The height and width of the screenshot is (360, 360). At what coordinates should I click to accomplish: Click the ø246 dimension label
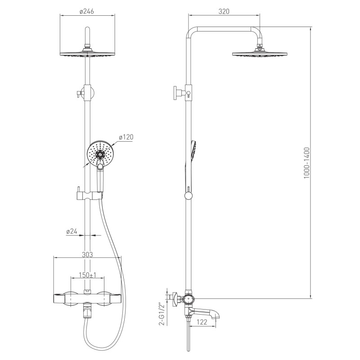point(87,11)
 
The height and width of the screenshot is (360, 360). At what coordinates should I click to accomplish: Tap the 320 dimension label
point(224,11)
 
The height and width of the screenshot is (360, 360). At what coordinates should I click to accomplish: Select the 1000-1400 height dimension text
point(307,163)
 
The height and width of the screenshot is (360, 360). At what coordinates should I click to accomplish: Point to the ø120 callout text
point(126,137)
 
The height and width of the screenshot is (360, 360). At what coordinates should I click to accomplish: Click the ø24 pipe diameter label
point(72,231)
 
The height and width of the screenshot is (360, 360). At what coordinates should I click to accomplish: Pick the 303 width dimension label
point(87,254)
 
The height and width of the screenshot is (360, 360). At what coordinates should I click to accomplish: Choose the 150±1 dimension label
point(88,275)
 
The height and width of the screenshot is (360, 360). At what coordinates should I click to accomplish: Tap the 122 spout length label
point(202,322)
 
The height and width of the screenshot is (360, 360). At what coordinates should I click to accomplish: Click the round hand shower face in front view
point(100,153)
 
